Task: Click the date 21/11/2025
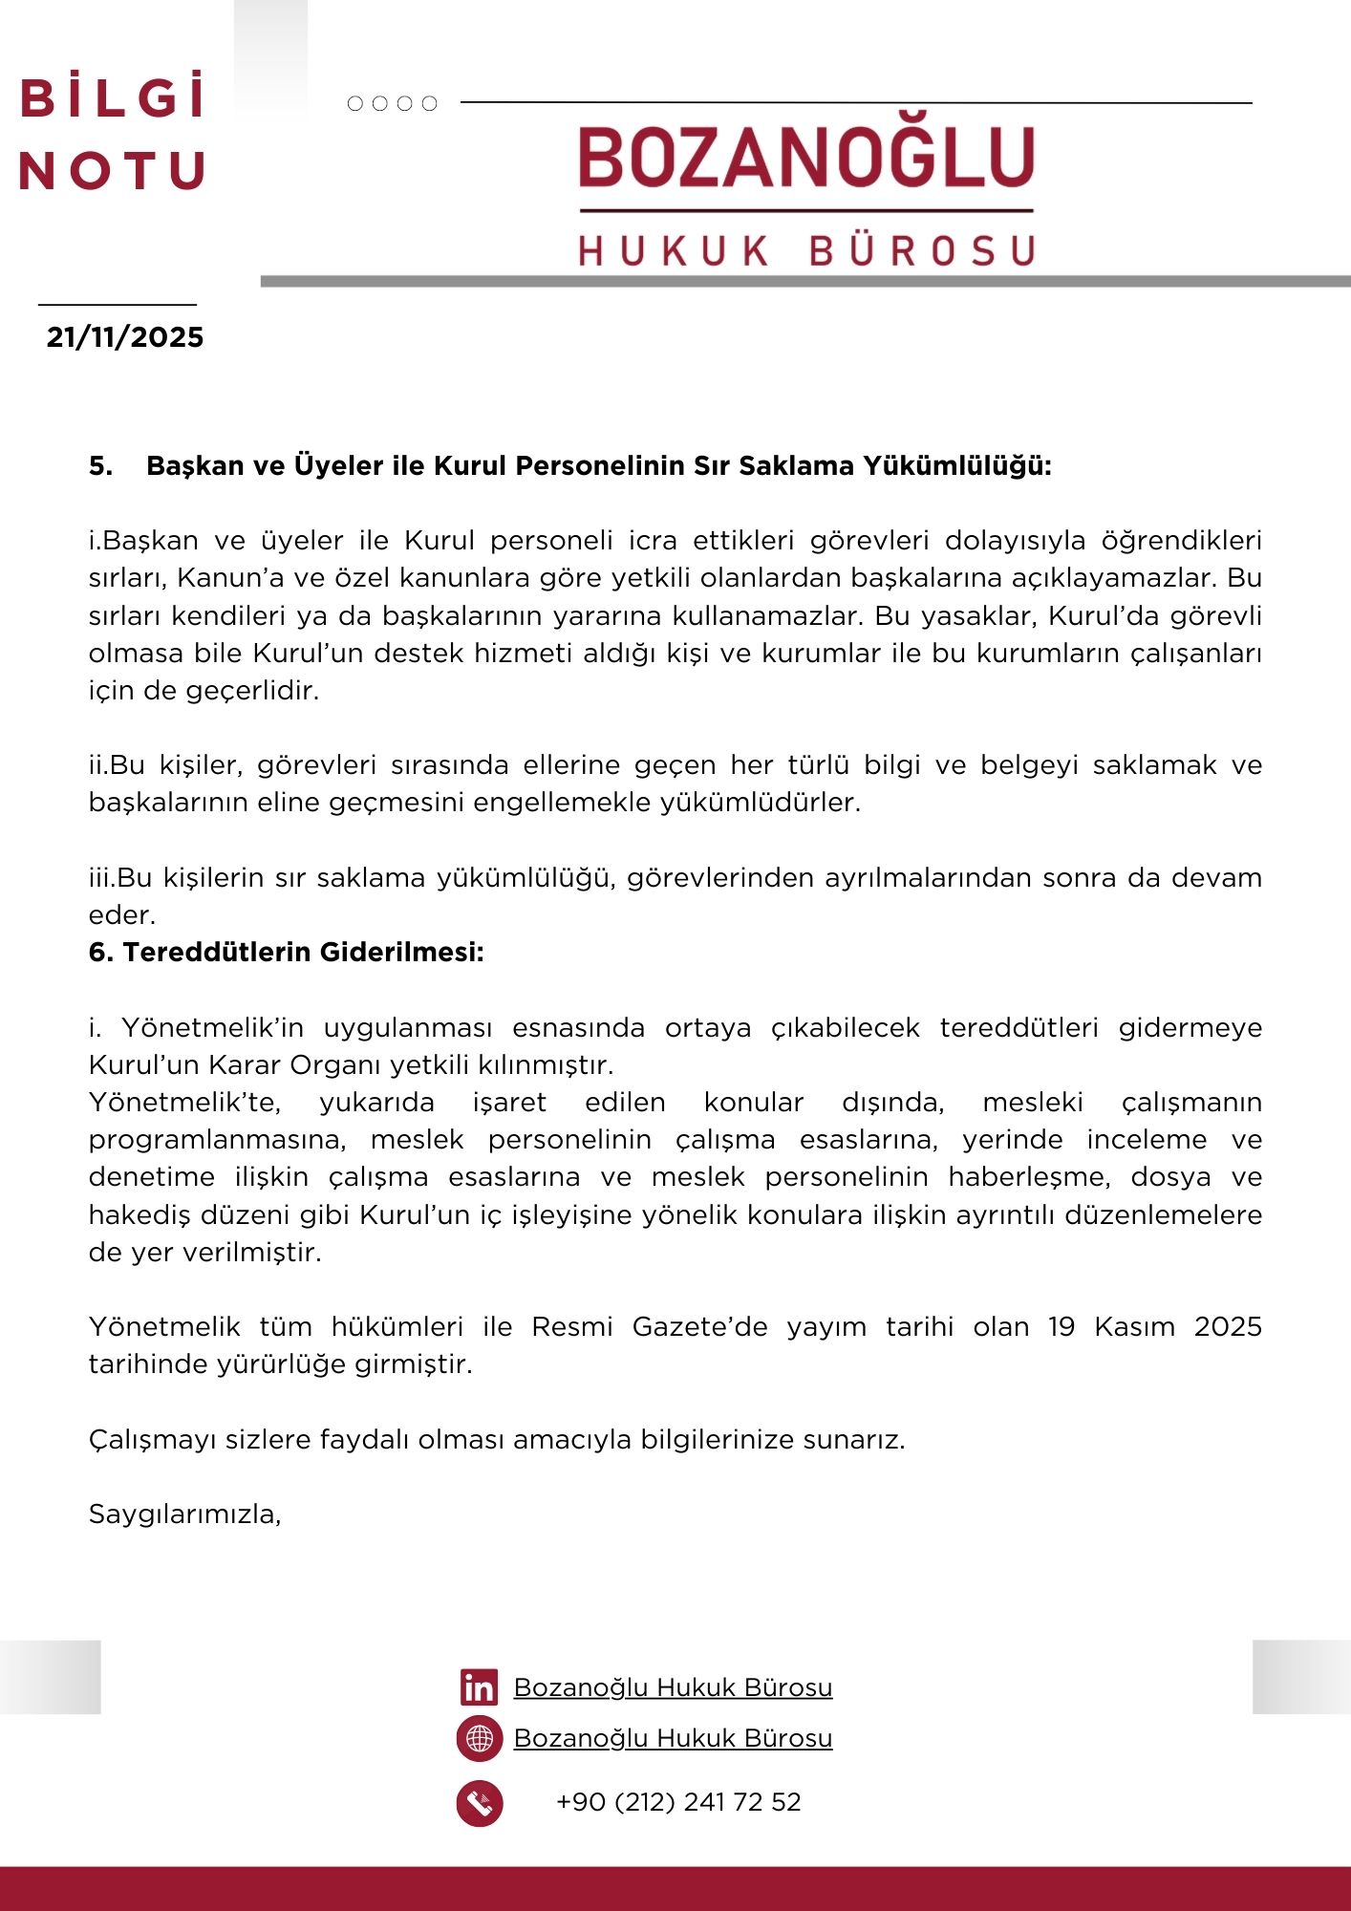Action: tap(125, 337)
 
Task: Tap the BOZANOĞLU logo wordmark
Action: tap(806, 158)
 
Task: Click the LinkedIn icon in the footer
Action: tap(479, 1687)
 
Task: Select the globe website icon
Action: tap(480, 1738)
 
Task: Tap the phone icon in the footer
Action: tap(480, 1803)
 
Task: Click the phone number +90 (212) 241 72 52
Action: tap(678, 1802)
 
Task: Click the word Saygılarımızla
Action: tap(184, 1514)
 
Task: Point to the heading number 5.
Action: tap(100, 466)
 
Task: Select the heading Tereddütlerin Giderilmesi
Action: tap(303, 953)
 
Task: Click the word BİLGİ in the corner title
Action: tap(113, 98)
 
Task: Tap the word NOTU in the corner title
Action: tap(113, 171)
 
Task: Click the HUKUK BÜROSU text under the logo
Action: tap(806, 251)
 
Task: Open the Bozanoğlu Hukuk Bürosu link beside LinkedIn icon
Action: tap(673, 1687)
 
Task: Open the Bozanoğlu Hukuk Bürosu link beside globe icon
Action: tap(673, 1738)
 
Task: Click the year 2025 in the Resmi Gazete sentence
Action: tap(1228, 1327)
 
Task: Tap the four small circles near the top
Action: tap(392, 103)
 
